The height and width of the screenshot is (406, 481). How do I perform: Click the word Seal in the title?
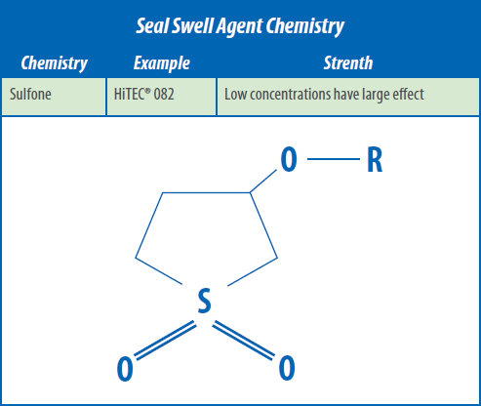point(151,25)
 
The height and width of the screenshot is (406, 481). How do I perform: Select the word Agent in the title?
point(240,27)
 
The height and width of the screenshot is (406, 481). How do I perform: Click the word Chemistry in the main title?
point(305,27)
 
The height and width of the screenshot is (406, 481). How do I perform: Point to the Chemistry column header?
point(55,63)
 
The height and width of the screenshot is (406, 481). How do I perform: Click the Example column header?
point(162,63)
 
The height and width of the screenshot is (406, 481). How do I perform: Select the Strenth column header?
point(348,62)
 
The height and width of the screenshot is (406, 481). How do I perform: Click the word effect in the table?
point(408,95)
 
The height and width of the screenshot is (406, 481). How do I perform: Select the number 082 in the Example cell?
point(164,95)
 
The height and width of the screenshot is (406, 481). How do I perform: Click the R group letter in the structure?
point(375,159)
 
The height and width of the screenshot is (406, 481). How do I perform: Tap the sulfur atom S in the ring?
point(205,301)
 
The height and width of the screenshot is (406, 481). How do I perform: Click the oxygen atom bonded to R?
point(289,159)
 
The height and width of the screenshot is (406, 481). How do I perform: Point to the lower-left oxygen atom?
point(125,369)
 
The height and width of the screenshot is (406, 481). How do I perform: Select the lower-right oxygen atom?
point(287,368)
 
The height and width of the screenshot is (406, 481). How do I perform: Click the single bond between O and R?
point(334,159)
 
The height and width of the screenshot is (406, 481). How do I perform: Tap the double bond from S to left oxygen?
point(165,341)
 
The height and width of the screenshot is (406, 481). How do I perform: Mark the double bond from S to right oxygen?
point(243,341)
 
